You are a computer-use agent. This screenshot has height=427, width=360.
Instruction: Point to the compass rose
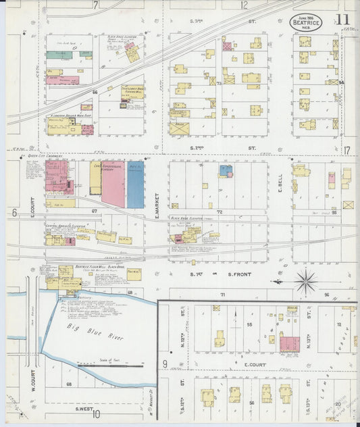306,280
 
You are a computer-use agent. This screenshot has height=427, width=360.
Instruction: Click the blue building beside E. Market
135,184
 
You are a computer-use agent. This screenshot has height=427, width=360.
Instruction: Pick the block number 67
95,211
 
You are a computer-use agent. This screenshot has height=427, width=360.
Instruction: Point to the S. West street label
84,408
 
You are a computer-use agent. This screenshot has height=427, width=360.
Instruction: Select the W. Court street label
31,379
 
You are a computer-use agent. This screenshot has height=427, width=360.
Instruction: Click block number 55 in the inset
249,324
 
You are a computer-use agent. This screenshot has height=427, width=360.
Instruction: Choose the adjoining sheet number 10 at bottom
96,414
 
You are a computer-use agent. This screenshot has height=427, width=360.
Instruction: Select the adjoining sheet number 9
164,364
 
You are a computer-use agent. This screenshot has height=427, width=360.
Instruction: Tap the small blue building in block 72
225,171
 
